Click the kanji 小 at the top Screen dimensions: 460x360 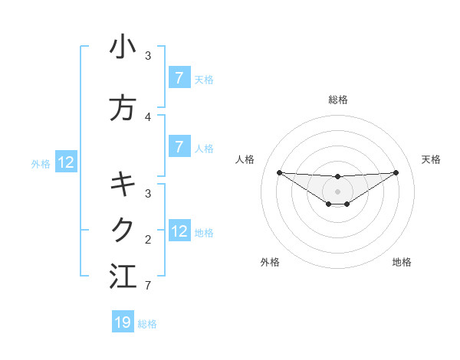click(123, 47)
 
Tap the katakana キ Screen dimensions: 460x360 click(123, 184)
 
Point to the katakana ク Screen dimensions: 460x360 click(123, 229)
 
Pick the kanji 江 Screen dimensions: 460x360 click(123, 276)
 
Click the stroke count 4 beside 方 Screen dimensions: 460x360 click(148, 117)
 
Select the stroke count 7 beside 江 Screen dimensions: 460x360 click(148, 286)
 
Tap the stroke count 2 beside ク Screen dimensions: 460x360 click(148, 239)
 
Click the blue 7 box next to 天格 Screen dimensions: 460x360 click(179, 78)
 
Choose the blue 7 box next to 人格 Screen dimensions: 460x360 click(179, 146)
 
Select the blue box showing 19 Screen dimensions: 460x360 click(123, 322)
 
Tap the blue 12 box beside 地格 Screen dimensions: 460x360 click(179, 231)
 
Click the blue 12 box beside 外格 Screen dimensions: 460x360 click(65, 162)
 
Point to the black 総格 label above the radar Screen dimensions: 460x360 click(337, 100)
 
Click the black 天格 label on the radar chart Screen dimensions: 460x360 click(431, 159)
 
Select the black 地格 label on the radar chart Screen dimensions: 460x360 click(402, 262)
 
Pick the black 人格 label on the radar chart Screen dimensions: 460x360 click(245, 159)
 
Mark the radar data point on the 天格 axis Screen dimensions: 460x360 click(396, 172)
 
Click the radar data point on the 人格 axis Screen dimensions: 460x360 click(279, 172)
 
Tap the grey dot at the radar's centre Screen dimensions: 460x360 click(337, 191)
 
